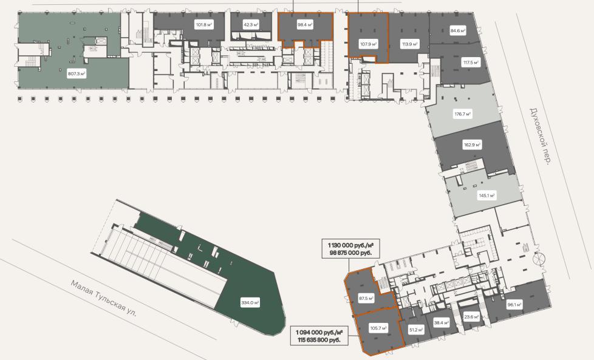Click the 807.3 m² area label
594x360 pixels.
[77, 73]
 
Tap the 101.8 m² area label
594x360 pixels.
[203, 25]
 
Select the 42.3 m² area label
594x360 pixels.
[251, 25]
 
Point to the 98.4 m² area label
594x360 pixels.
[305, 25]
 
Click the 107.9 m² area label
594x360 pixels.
[368, 44]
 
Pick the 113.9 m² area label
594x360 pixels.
[410, 44]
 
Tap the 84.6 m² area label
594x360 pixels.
[457, 31]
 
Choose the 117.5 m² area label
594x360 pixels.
[471, 63]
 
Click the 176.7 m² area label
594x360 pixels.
[463, 114]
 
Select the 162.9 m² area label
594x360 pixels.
[472, 144]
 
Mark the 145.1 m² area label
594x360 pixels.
[487, 195]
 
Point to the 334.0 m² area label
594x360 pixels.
[250, 302]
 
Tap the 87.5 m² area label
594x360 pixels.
[366, 298]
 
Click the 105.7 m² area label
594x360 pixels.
[378, 328]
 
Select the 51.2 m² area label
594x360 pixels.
[416, 330]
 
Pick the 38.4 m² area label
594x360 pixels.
[442, 323]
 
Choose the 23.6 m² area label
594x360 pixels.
[471, 318]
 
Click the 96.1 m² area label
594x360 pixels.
[514, 304]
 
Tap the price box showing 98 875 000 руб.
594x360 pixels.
[350, 249]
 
